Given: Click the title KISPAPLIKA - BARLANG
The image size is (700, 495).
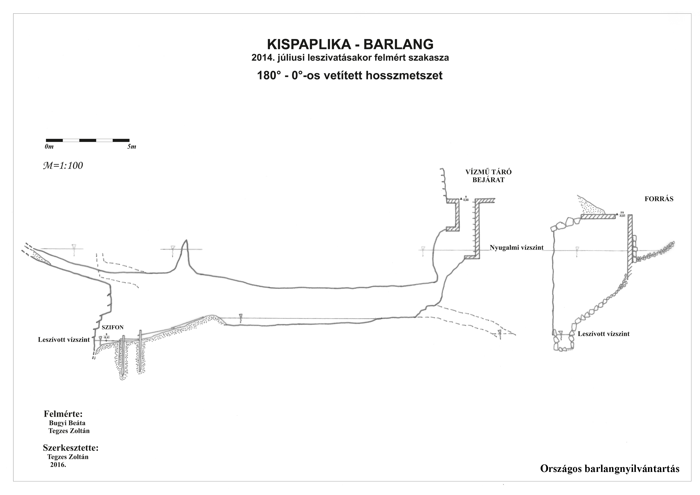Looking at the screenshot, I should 350,45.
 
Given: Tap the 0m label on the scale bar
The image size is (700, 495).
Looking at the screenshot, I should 49,147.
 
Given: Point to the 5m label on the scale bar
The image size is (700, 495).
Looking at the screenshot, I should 132,147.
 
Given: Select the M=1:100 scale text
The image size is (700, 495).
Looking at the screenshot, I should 63,166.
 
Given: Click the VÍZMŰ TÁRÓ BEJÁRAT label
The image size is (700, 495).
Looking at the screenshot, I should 488,176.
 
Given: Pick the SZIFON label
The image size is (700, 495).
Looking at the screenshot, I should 112,327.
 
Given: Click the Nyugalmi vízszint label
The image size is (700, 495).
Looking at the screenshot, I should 516,248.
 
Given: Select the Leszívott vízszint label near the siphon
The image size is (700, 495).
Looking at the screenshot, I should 64,340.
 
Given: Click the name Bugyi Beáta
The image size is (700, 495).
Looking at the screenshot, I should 67,423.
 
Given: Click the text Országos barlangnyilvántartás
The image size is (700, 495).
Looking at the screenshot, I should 610,468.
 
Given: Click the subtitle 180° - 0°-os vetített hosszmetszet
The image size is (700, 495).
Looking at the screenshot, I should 350,75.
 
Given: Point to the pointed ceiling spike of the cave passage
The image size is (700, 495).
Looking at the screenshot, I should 185,241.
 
